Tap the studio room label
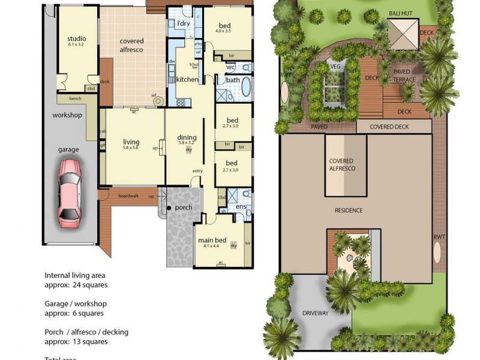tap(77, 40)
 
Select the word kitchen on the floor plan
tap(187, 80)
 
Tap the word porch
tap(184, 208)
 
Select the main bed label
tap(214, 241)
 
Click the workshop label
tap(67, 115)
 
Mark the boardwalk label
tap(128, 196)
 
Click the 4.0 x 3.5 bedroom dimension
tap(224, 33)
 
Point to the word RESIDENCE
tap(349, 210)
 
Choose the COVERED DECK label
tap(389, 127)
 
